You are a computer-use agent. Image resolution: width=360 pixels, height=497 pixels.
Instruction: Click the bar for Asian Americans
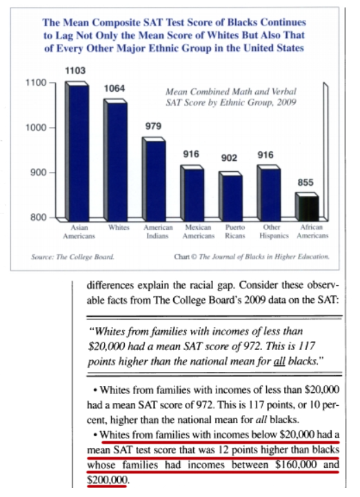click(77, 151)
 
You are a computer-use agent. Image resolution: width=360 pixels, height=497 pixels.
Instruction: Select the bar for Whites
click(116, 160)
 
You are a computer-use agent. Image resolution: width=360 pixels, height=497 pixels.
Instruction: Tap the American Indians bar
click(154, 179)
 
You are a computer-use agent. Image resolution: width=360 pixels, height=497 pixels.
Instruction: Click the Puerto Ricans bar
click(231, 197)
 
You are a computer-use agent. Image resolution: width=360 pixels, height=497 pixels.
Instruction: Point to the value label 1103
click(75, 70)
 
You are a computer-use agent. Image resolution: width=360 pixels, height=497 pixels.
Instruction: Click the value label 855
click(306, 182)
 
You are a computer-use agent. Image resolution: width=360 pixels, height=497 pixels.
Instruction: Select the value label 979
click(153, 126)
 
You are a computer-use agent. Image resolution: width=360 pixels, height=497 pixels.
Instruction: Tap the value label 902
click(229, 157)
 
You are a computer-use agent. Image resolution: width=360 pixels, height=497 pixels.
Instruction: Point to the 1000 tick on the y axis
click(35, 128)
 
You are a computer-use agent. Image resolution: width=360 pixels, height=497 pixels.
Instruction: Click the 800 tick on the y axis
click(38, 217)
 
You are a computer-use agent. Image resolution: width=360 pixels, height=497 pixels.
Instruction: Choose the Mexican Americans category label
click(198, 232)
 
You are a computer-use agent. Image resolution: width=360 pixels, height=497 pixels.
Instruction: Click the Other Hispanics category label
click(274, 232)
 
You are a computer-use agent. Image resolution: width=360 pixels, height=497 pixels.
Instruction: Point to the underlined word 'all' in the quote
click(279, 361)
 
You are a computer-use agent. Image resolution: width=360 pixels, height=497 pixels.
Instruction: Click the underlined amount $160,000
click(296, 465)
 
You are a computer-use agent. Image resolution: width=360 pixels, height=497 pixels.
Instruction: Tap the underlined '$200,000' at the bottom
click(107, 480)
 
